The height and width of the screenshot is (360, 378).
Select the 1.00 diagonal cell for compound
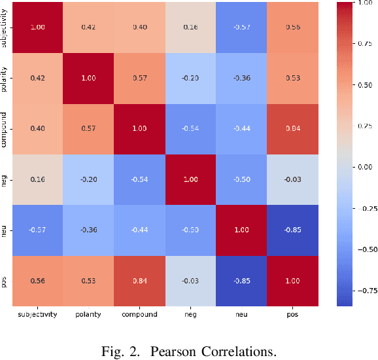139,129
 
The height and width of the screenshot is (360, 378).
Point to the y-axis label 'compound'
7,129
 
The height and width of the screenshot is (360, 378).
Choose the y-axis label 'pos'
7,281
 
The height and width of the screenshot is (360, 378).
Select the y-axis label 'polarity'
7,79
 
